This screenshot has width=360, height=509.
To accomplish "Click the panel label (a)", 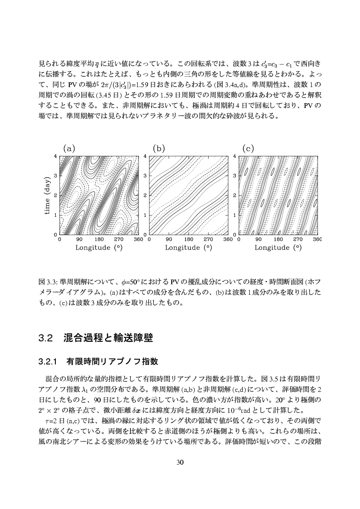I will click(69, 148).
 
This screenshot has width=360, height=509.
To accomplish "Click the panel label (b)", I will click(159, 148).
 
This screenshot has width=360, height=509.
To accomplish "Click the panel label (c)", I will click(248, 148).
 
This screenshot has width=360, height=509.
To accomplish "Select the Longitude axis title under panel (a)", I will click(98, 248).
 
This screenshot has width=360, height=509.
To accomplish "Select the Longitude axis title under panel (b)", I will click(188, 248).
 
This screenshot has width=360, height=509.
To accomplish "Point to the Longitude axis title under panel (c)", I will click(278, 248).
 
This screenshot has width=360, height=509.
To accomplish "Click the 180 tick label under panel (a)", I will click(99, 239).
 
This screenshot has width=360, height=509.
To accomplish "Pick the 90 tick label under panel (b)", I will click(169, 239).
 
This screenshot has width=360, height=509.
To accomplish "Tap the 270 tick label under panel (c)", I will click(298, 239).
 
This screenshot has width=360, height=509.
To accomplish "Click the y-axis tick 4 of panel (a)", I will click(56, 156).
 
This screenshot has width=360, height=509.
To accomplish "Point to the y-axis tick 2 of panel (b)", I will click(145, 196).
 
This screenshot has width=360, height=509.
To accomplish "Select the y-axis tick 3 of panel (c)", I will click(234, 175).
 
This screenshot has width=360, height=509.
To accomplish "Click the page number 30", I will click(180, 462).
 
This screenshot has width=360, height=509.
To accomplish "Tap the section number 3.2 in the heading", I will click(45, 338).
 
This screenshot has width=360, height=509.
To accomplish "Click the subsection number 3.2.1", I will click(48, 361).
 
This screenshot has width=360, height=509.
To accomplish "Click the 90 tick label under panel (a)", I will click(79, 239).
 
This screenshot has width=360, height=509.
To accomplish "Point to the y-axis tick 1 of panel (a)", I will click(56, 215).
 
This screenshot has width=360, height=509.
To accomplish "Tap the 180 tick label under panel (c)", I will click(278, 239).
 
